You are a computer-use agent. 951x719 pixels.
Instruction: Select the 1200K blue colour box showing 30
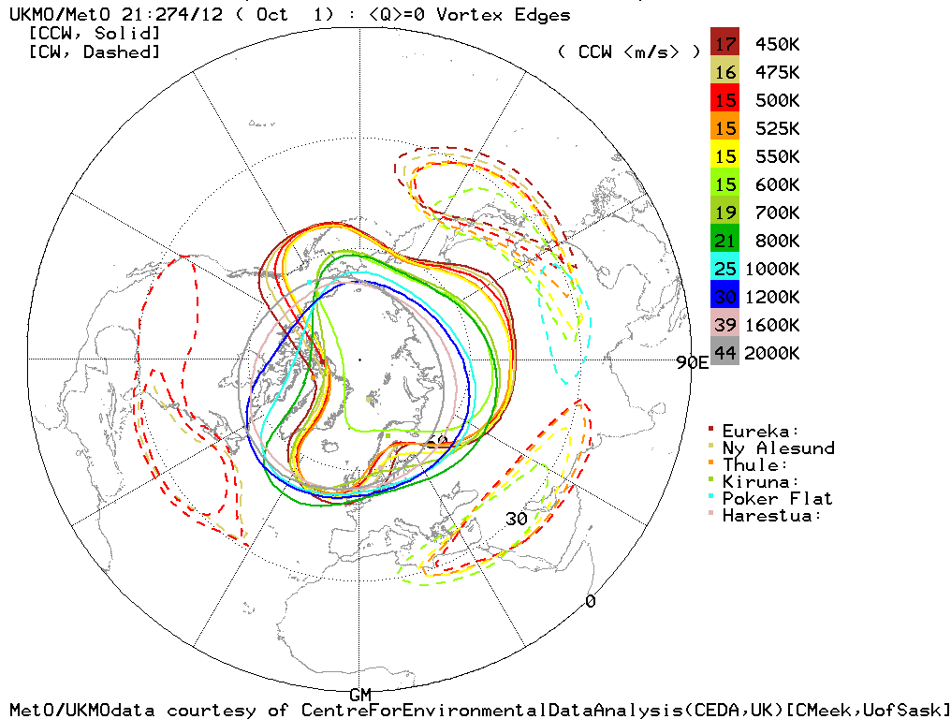[725, 298]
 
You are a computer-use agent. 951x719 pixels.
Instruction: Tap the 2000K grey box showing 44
[725, 354]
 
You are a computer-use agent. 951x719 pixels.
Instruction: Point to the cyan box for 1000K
[725, 270]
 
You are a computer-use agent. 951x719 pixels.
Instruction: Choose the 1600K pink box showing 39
[725, 326]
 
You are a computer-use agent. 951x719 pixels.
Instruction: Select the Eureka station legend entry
[760, 432]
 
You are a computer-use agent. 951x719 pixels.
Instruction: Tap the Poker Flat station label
[777, 499]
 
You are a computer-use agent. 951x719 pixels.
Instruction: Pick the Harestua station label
[772, 516]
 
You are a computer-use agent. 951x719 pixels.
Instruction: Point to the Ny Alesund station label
[777, 448]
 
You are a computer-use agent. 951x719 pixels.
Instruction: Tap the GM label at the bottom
[360, 694]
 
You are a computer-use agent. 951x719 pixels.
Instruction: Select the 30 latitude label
[517, 520]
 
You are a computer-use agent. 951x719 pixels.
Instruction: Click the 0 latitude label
[590, 601]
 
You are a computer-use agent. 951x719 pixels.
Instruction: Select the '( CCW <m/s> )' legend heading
[628, 52]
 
